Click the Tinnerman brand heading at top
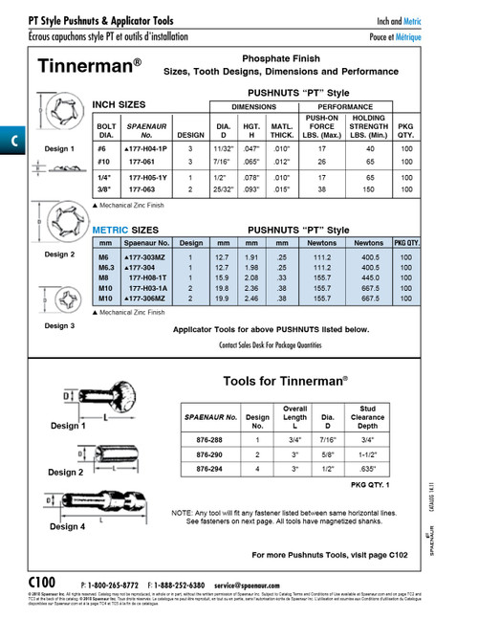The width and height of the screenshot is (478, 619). tap(90, 67)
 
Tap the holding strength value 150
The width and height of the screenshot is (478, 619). tap(366, 189)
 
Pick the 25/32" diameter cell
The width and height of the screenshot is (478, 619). tap(223, 189)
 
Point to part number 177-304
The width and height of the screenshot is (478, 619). tap(141, 268)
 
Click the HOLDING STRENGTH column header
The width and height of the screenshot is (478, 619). tap(366, 125)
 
